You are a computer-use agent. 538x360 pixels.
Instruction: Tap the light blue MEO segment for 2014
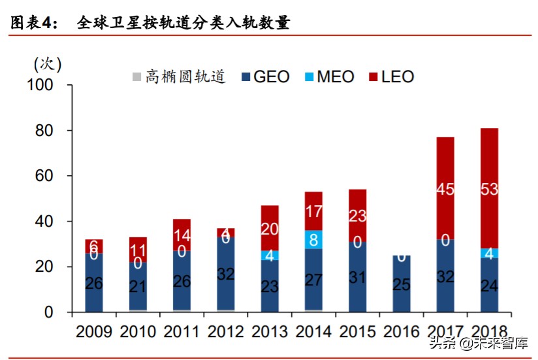pyautogui.click(x=313, y=239)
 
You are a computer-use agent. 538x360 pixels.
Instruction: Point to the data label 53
pyautogui.click(x=489, y=190)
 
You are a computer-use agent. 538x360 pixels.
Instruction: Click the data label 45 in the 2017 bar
pyautogui.click(x=445, y=190)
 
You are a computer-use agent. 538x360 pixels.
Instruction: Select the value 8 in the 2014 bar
pyautogui.click(x=313, y=239)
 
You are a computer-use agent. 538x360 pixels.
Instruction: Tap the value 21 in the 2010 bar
pyautogui.click(x=138, y=286)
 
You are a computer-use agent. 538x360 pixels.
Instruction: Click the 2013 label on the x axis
pyautogui.click(x=269, y=331)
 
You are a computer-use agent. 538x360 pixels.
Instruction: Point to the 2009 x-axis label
pyautogui.click(x=94, y=331)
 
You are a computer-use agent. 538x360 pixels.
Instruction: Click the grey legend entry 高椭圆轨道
pyautogui.click(x=180, y=76)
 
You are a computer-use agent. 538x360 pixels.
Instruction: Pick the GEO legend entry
pyautogui.click(x=265, y=76)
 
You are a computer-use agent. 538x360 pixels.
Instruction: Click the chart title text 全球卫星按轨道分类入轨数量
pyautogui.click(x=183, y=23)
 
